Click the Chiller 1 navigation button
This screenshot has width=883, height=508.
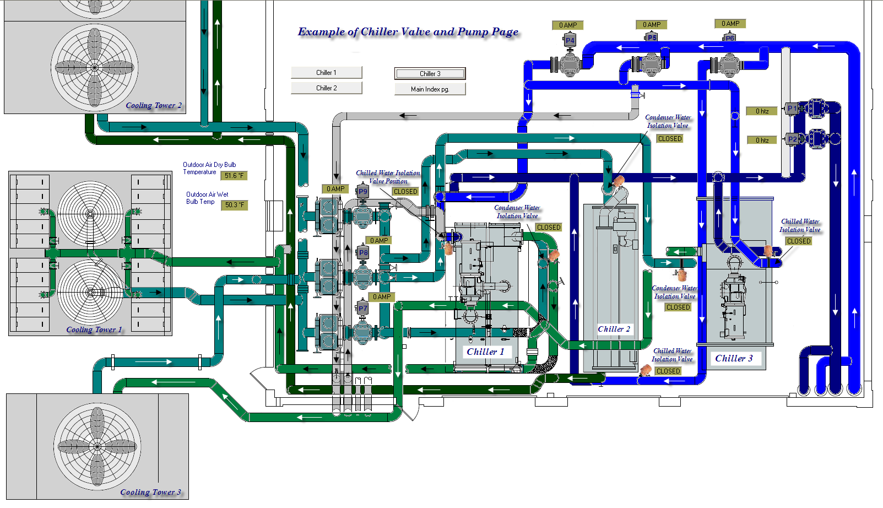[327, 73]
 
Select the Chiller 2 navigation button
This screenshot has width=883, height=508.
[327, 88]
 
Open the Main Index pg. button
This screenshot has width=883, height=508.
[430, 89]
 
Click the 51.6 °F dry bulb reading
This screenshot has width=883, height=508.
[234, 176]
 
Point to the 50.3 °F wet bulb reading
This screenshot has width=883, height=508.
[234, 205]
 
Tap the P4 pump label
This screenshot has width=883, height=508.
[570, 40]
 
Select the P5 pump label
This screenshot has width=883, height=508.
[652, 38]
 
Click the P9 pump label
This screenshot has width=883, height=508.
[362, 192]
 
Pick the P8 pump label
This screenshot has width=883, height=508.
[363, 252]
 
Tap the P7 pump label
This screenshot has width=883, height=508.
[362, 309]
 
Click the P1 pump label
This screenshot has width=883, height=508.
[792, 108]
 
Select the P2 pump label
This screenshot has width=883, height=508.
[792, 139]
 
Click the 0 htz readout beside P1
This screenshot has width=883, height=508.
[762, 111]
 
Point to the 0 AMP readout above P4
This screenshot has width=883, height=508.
[567, 25]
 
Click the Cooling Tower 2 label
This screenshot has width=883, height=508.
[154, 105]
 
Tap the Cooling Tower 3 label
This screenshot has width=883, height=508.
[150, 492]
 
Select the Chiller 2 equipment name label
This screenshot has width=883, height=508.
[614, 329]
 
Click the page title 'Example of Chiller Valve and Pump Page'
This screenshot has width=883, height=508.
[408, 32]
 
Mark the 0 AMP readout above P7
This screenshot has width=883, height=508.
[382, 297]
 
